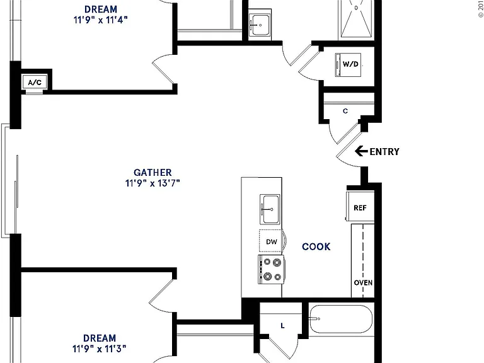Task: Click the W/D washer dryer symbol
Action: pos(348,65)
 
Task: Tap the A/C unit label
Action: pos(35,83)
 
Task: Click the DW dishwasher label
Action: pos(272,242)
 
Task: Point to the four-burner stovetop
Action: pos(272,269)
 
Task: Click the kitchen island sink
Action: pos(270,209)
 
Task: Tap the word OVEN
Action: pos(363,283)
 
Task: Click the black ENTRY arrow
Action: pos(361,151)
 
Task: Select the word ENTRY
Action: pos(384,151)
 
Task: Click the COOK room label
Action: pos(316,246)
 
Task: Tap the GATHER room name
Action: pos(153,172)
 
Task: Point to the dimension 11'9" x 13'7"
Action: pos(153,183)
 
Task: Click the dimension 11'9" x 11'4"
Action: pos(101,20)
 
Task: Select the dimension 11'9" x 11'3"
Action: pos(100,349)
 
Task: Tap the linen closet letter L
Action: pos(282,326)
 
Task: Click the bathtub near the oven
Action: pos(341,319)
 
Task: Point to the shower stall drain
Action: pos(356,8)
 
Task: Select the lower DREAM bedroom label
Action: pos(100,338)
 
